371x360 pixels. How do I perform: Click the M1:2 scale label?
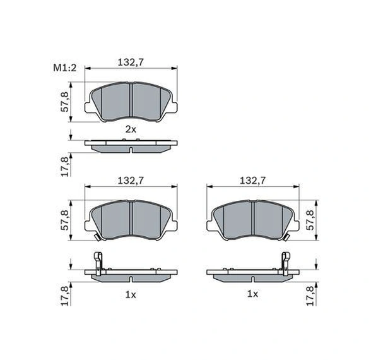tap(65, 68)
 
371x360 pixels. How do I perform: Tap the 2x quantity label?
tap(131, 129)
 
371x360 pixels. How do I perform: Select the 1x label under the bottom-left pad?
tap(131, 294)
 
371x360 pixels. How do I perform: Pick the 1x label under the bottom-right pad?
tap(252, 294)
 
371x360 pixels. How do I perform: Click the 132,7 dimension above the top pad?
tap(131, 62)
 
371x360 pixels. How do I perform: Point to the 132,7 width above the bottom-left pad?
tap(131, 181)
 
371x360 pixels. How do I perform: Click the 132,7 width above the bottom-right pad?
tap(252, 181)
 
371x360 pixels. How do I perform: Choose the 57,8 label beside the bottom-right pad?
tap(310, 220)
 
